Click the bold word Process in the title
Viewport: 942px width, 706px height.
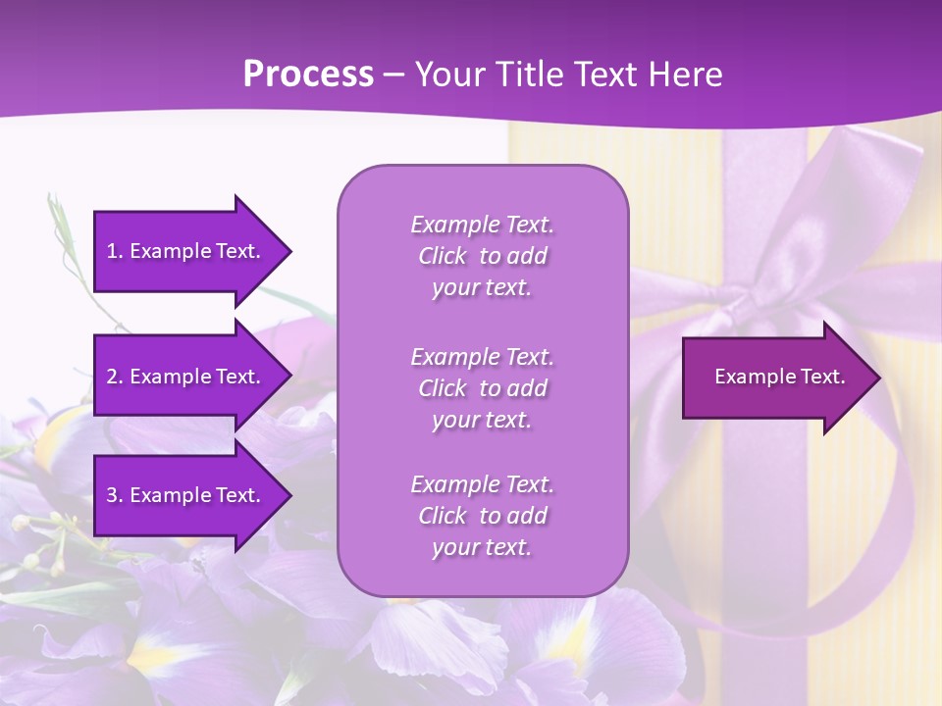(x=308, y=75)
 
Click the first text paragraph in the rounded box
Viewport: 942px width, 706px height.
(x=482, y=256)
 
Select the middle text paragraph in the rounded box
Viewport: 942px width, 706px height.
(x=482, y=388)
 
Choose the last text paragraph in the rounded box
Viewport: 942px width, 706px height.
(x=482, y=516)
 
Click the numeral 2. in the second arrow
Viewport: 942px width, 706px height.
(x=115, y=377)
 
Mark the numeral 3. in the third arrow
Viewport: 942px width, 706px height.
(x=115, y=495)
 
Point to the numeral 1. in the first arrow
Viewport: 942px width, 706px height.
(x=115, y=251)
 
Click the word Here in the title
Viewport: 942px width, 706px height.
(x=686, y=75)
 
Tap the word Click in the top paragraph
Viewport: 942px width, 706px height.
(x=442, y=256)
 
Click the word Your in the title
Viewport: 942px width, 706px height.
(x=450, y=75)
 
